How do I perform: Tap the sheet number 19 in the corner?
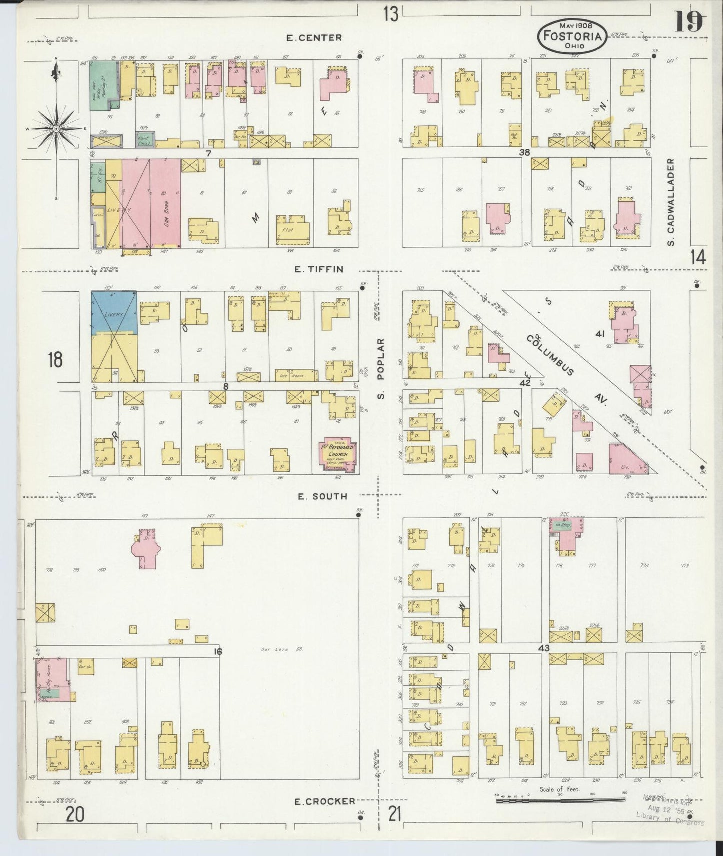(x=689, y=22)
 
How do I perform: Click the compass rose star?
(x=56, y=129)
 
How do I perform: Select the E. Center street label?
(x=314, y=38)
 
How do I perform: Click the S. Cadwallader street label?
(x=671, y=202)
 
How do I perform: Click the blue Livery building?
(x=114, y=313)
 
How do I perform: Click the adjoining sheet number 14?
(x=697, y=257)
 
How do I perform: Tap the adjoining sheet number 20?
(x=75, y=815)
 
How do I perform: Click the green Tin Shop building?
(x=563, y=525)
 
